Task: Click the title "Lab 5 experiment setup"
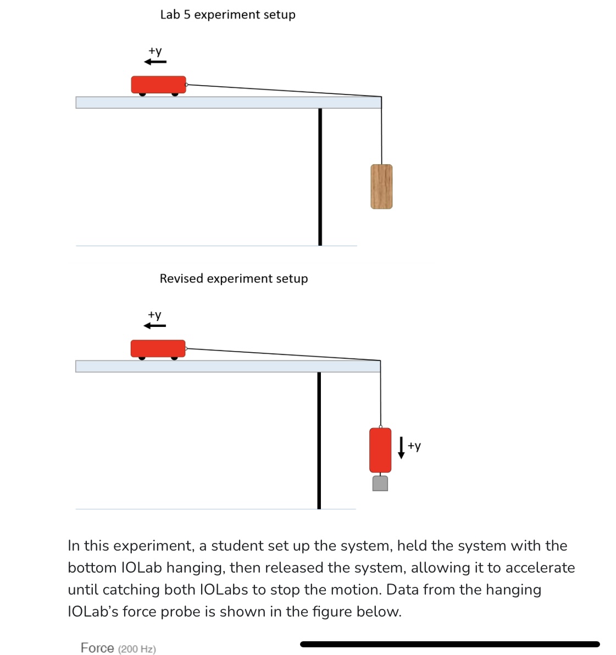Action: (x=227, y=15)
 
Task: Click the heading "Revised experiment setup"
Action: (x=234, y=279)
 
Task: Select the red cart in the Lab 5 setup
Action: (x=158, y=85)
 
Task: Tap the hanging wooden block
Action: (x=381, y=186)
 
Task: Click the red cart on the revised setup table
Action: (x=158, y=348)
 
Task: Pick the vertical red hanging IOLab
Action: (x=380, y=449)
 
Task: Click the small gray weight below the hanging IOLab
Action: (x=380, y=484)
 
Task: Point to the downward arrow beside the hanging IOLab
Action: (x=401, y=447)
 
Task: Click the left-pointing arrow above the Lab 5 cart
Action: (x=155, y=62)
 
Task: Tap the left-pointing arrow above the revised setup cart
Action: (x=154, y=326)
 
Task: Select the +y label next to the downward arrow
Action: (x=414, y=446)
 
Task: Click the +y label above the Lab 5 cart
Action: (x=156, y=51)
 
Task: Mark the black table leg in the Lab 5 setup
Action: (x=320, y=176)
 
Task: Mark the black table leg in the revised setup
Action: (x=319, y=440)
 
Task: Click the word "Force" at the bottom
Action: (x=97, y=648)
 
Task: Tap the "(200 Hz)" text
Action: (x=137, y=649)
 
